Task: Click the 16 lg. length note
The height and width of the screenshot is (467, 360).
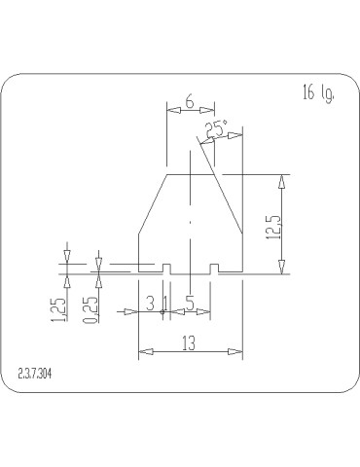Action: point(318,94)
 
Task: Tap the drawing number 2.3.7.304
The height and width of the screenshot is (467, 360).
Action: point(35,375)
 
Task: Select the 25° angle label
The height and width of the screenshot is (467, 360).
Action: point(217,129)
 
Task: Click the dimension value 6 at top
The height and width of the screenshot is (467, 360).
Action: point(190,102)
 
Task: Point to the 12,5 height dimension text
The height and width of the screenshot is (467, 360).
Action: point(271,228)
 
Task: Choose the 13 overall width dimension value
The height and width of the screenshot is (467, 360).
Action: point(189,343)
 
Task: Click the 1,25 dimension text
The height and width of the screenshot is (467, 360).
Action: point(58,309)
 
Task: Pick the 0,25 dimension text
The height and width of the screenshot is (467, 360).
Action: point(90,310)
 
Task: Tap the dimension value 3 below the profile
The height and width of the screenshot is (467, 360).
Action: point(150,304)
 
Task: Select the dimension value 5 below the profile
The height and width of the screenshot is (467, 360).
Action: point(190,304)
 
